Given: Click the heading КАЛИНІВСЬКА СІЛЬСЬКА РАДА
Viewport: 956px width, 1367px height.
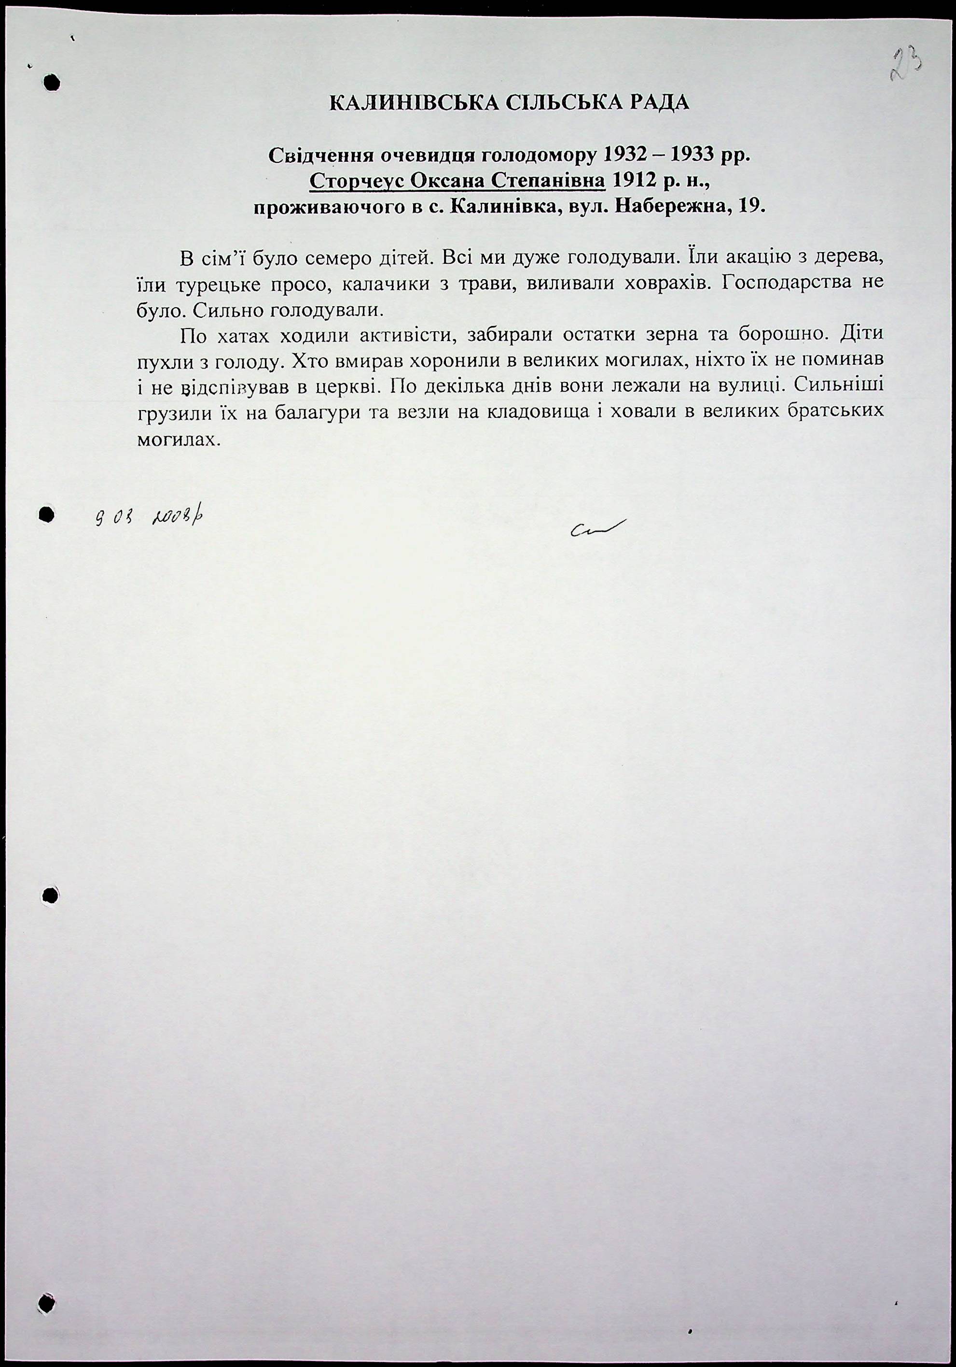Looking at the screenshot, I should point(509,103).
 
